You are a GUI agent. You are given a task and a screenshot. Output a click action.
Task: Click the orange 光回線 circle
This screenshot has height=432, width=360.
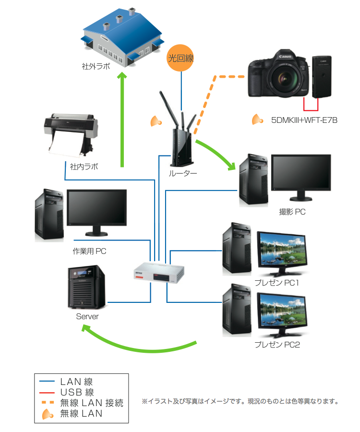(181, 59)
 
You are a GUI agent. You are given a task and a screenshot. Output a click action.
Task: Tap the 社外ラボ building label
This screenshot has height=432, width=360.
(96, 67)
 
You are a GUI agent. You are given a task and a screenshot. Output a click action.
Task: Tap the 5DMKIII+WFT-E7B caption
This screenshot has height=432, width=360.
(304, 120)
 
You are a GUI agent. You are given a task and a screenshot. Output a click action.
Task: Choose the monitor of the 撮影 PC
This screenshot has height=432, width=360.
(300, 174)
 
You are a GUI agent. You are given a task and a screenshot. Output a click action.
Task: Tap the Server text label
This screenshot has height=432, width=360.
(87, 317)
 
